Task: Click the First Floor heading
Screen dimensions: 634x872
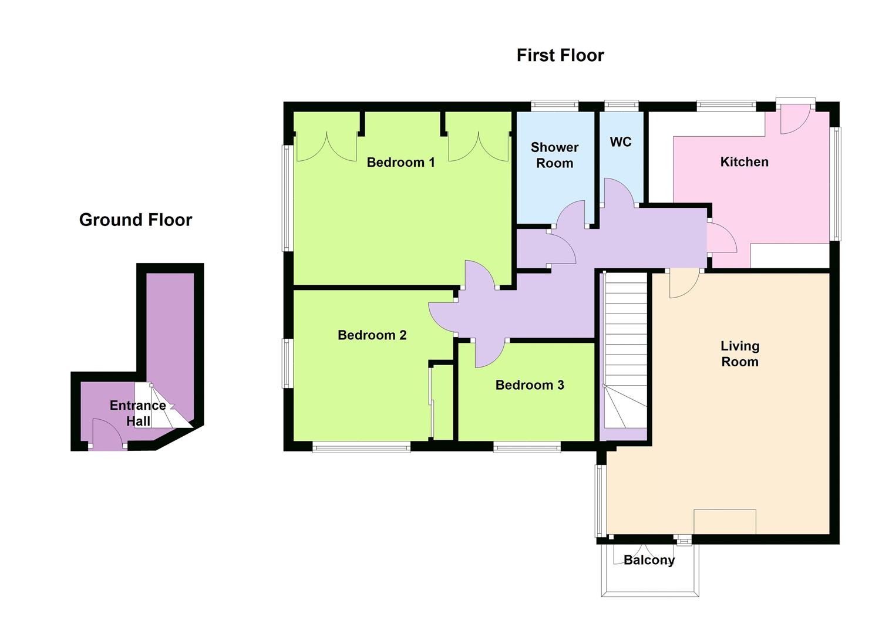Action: (560, 55)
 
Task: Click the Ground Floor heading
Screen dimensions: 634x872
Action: (136, 220)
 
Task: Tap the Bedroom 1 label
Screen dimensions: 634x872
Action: (400, 163)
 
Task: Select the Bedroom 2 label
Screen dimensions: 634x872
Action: (372, 335)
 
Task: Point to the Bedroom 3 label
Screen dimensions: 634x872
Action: (529, 385)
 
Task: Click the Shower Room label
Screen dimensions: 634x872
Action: (554, 155)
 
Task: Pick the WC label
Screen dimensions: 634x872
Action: (621, 142)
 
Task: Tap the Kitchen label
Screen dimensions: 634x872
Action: (744, 162)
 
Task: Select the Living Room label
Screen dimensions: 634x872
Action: (739, 354)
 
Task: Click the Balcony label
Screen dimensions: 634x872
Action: (649, 560)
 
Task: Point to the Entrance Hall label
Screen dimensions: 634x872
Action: (138, 413)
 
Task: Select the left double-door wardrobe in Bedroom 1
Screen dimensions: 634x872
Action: (326, 146)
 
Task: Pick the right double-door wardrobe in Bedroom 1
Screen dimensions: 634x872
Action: (479, 146)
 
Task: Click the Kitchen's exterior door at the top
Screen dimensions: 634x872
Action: (794, 120)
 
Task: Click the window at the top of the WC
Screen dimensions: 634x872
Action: (621, 106)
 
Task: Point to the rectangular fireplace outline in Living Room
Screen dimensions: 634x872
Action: (725, 521)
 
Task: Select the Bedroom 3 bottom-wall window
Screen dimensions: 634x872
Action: (527, 448)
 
